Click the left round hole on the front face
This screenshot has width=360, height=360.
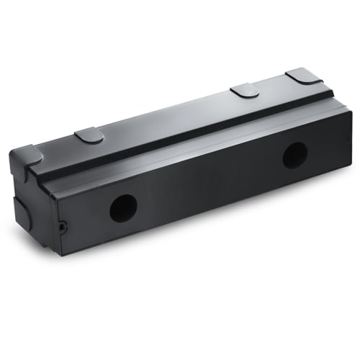[x=123, y=208]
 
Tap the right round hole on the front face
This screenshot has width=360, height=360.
[x=294, y=155]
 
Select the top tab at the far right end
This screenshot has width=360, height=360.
[x=304, y=76]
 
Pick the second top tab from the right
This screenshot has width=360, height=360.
[x=245, y=90]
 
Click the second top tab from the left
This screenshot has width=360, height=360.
[x=89, y=135]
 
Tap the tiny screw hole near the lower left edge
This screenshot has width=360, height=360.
[x=63, y=227]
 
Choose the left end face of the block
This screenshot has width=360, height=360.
[x=32, y=209]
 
